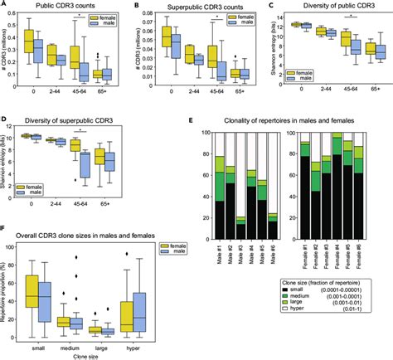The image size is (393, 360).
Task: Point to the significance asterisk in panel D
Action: click(78, 129)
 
